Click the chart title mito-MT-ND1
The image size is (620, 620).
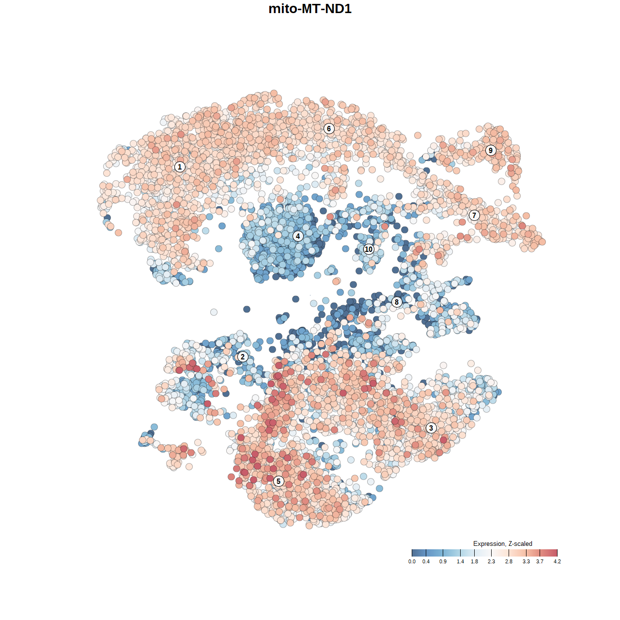click(310, 9)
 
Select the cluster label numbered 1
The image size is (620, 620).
click(180, 167)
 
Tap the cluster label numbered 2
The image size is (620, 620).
click(242, 357)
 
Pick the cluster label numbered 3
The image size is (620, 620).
click(431, 428)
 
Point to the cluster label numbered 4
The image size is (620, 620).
click(298, 236)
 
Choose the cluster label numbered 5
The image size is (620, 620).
click(279, 481)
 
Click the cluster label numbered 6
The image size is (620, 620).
click(329, 128)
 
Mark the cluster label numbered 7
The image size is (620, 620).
click(474, 216)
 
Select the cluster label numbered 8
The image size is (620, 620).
click(397, 302)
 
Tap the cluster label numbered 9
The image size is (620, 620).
click(491, 150)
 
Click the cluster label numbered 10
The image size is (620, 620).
click(369, 249)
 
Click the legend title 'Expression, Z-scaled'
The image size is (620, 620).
click(502, 544)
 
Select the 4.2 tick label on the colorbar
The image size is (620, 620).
click(557, 561)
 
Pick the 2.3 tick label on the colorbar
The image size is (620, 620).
click(491, 561)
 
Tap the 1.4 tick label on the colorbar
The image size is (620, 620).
click(460, 561)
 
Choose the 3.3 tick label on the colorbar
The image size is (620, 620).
click(526, 561)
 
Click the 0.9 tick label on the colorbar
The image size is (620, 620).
click(443, 561)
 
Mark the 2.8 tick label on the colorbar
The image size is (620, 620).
click(509, 561)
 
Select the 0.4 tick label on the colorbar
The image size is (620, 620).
click(426, 561)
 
